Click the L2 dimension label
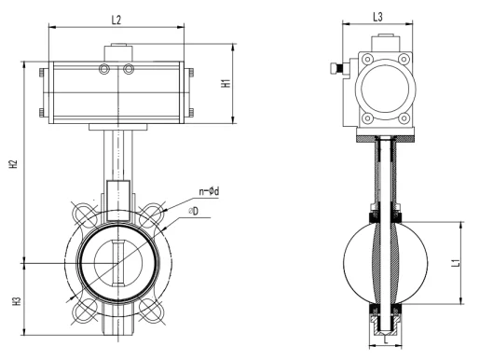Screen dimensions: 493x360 116,20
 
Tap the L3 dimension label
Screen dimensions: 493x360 378,17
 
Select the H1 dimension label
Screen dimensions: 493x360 226,83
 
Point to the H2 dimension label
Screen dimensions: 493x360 13,164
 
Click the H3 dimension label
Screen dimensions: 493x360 17,301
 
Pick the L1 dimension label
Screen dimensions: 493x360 456,262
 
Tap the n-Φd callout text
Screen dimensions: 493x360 209,191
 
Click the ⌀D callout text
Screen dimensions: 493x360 193,211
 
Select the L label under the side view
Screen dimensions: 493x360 386,339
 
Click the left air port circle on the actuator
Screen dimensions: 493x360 104,69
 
